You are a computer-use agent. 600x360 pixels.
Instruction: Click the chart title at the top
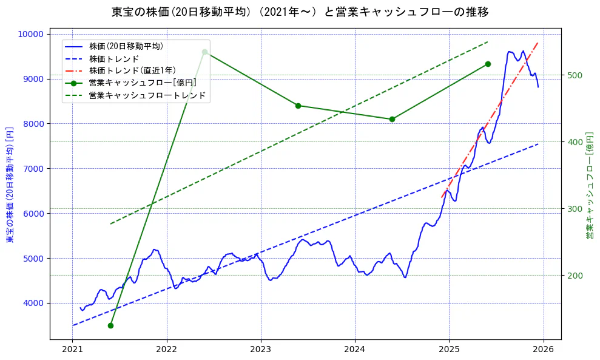click(300, 12)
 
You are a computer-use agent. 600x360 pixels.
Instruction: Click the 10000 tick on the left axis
click(33, 34)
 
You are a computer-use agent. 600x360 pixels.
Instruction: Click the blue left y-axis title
click(10, 185)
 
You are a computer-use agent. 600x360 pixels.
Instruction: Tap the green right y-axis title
click(590, 185)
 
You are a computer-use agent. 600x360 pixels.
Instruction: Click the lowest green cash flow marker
click(110, 325)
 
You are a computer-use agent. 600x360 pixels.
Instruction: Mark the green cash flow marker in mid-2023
click(298, 106)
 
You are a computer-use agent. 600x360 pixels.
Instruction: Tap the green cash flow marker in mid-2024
click(392, 119)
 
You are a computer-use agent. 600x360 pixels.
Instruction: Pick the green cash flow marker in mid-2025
click(488, 64)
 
